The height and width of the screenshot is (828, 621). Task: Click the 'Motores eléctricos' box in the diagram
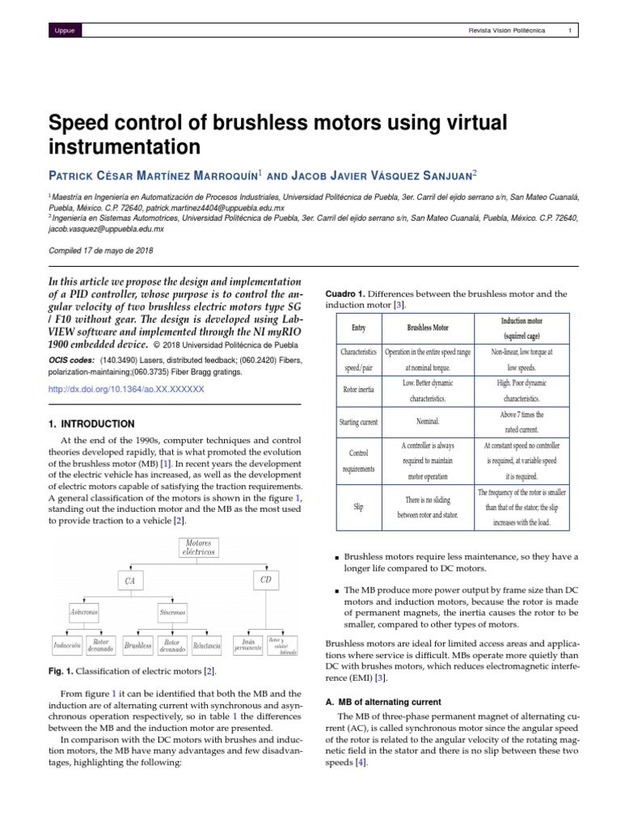[201, 547]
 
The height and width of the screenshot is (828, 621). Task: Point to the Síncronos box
[172, 613]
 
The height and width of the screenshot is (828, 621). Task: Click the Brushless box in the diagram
[138, 646]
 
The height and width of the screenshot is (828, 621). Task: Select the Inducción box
[66, 646]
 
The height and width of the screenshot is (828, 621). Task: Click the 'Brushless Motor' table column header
[428, 328]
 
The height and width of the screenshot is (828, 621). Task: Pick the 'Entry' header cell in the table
[359, 328]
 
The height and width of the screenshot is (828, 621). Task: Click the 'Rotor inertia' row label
[359, 391]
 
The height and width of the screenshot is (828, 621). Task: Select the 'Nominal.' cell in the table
[428, 422]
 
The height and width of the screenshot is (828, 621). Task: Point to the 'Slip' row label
[359, 507]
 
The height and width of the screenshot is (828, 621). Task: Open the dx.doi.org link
[126, 389]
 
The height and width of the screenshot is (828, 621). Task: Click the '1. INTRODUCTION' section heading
[92, 424]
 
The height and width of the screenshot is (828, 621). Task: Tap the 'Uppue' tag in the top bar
[63, 31]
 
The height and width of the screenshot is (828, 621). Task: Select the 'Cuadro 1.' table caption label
[345, 294]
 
